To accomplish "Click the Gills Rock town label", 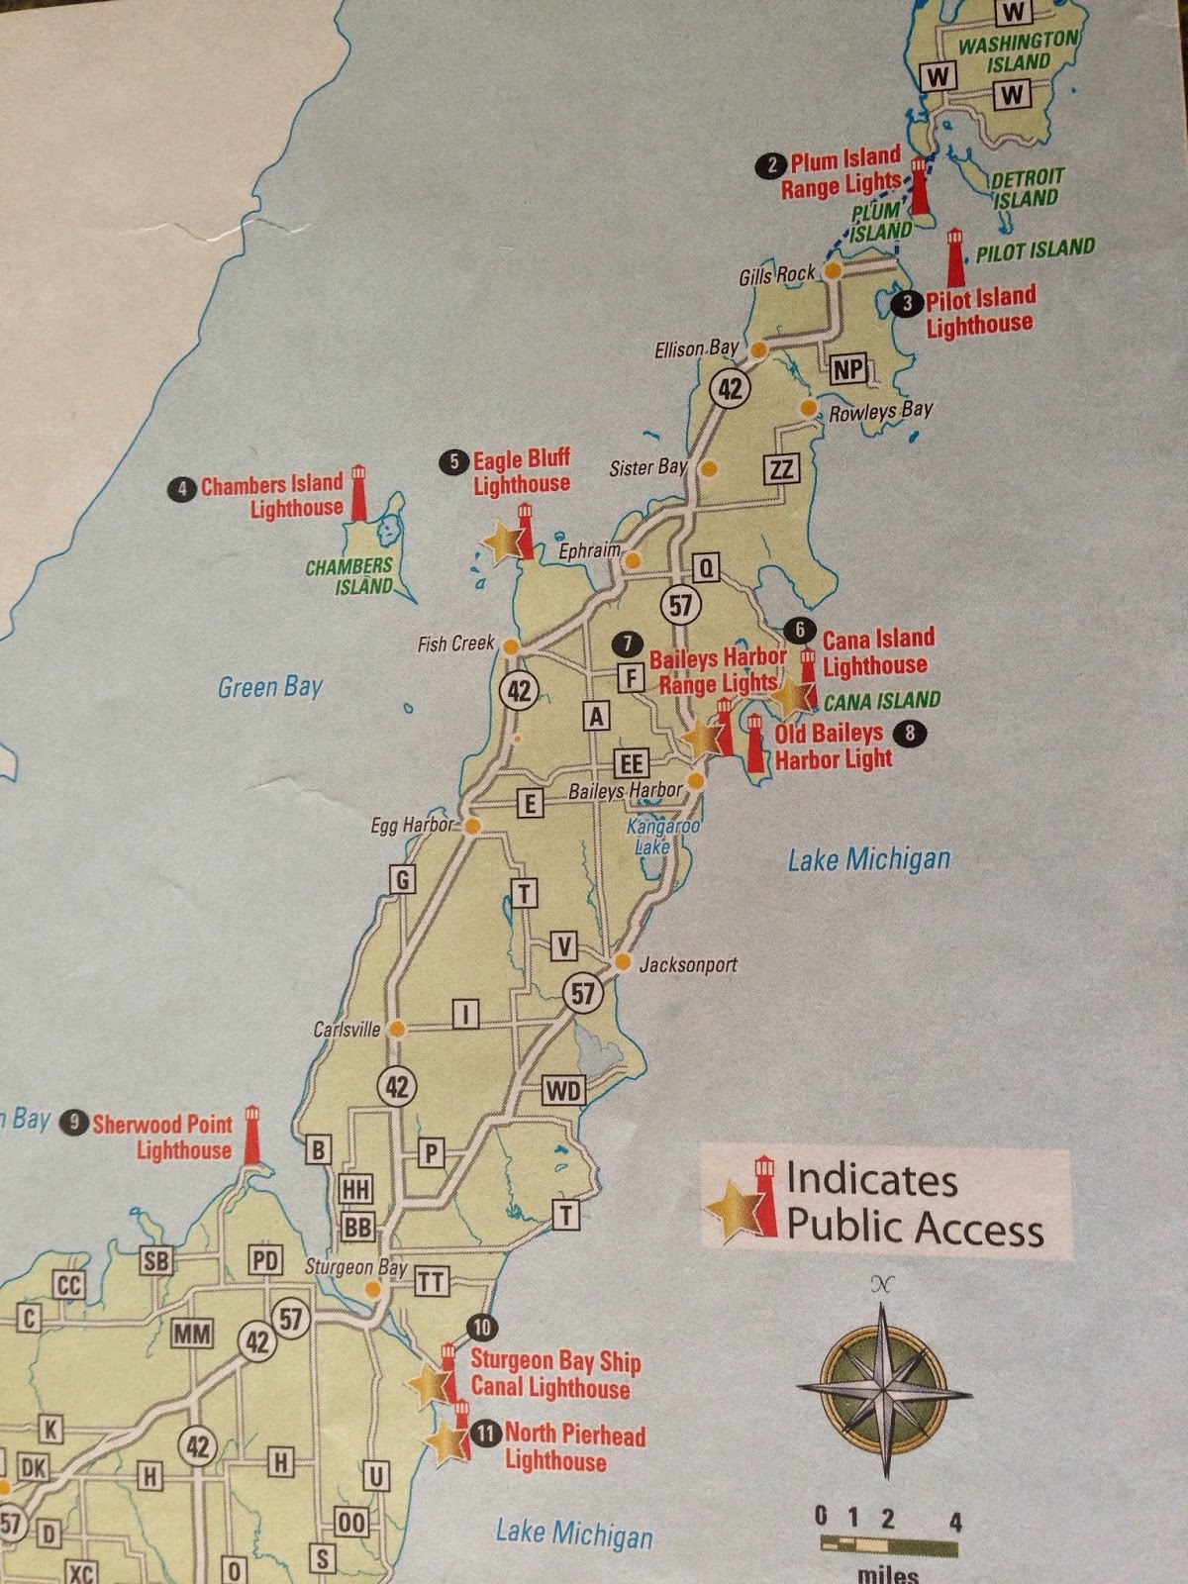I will point(776,274).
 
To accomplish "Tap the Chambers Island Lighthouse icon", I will point(358,493).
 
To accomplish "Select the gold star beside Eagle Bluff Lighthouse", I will point(502,540).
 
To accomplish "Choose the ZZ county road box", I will point(781,468).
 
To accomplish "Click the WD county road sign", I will point(563,1091).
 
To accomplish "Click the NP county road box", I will point(847,369).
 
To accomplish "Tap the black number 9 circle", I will point(73,1122).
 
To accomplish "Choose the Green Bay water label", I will point(269,686).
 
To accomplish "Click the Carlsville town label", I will point(346,1030).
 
